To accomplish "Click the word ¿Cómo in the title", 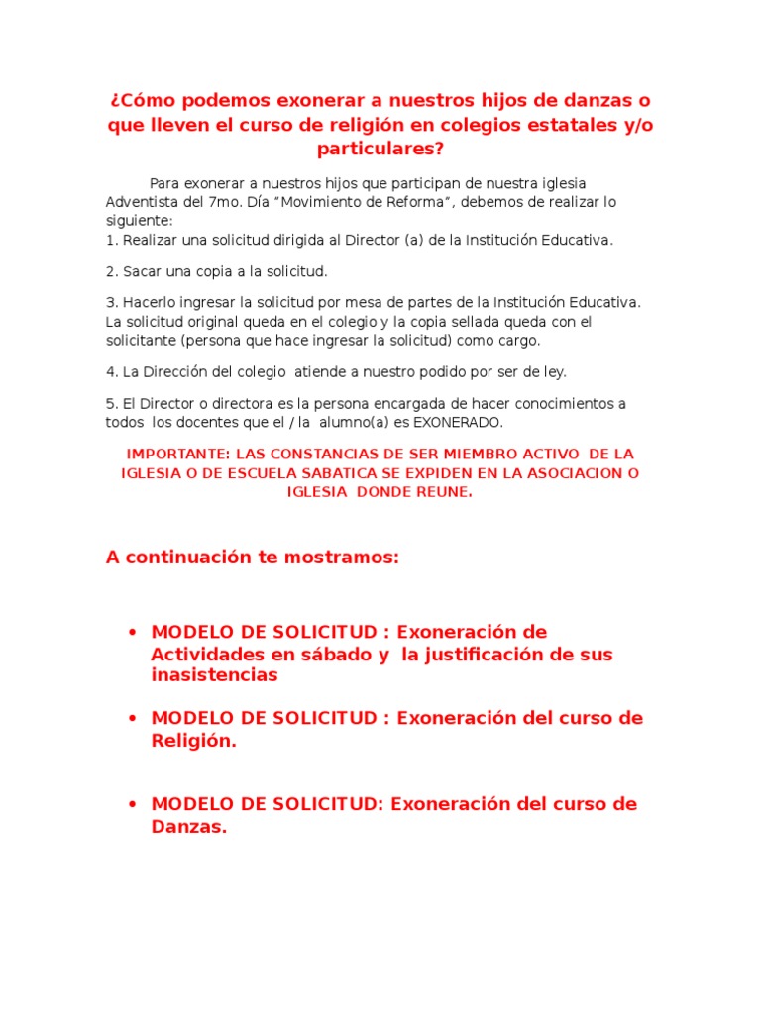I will coord(142,101).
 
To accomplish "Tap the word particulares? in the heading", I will coord(380,149).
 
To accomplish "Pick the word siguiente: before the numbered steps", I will coord(139,220).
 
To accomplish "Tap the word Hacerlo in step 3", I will coord(148,302).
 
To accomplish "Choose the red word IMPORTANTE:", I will coord(176,454).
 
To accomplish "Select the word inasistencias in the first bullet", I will coord(214,675).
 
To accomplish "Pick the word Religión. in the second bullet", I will coord(193,740).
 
